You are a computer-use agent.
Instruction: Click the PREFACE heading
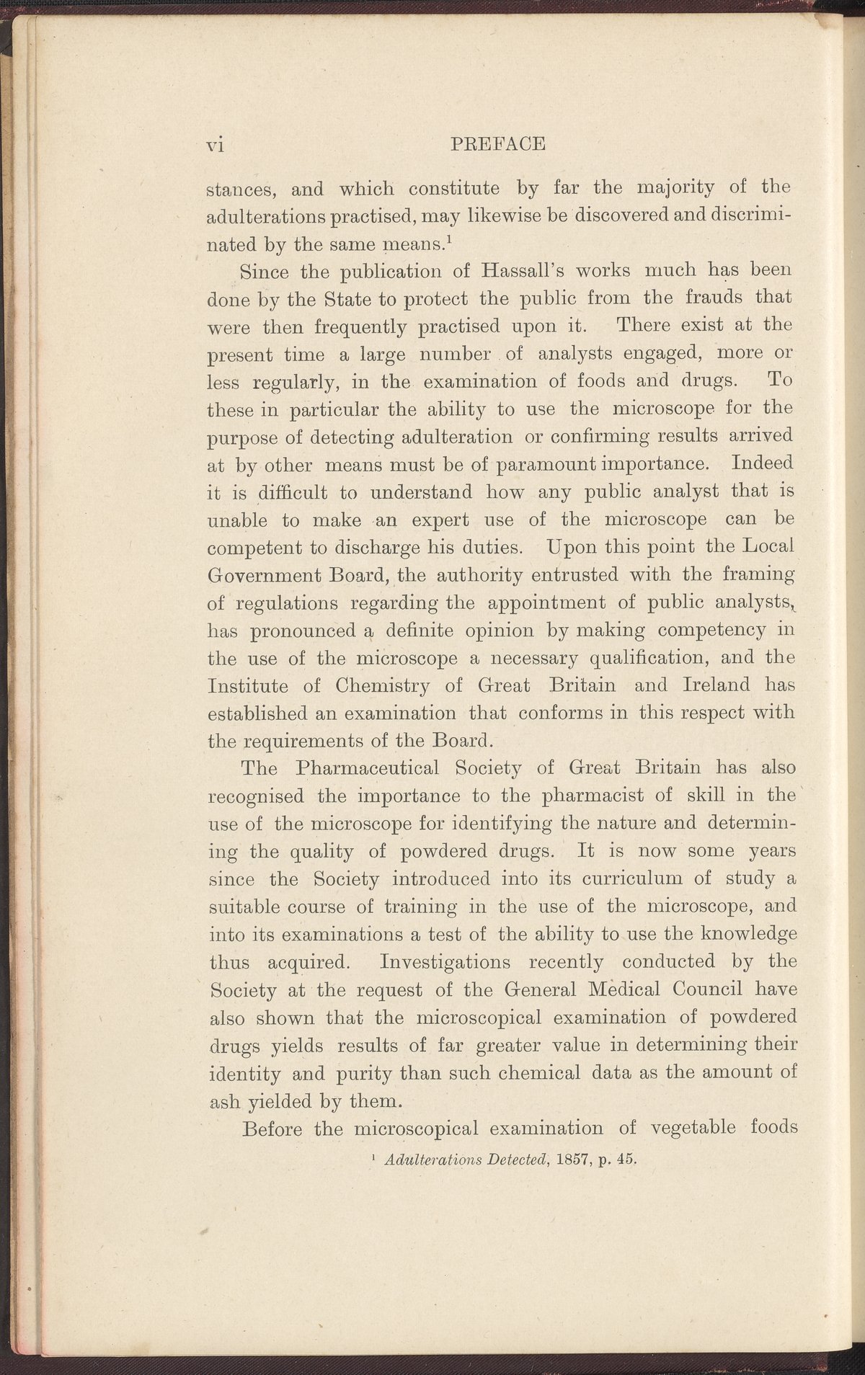[497, 144]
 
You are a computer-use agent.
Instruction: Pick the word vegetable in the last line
[692, 1129]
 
